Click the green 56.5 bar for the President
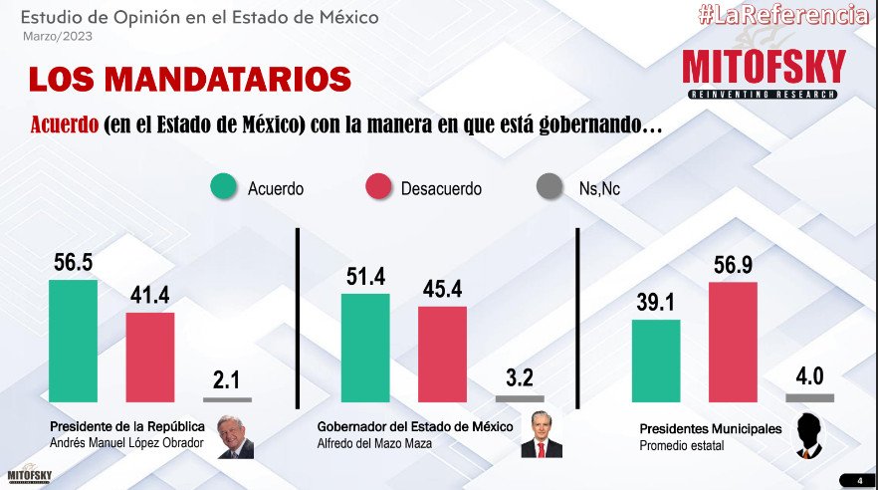[74, 340]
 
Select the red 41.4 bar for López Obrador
[149, 356]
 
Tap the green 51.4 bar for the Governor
[365, 350]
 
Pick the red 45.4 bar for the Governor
[442, 354]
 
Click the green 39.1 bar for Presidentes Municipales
[656, 360]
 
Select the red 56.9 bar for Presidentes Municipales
[733, 341]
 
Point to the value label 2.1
[227, 379]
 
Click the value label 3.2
[520, 378]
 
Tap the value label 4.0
[809, 377]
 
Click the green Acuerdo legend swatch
[225, 187]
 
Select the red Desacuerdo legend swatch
[379, 187]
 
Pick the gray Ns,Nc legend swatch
[549, 187]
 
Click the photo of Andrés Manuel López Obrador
[236, 436]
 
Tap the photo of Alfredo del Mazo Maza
[535, 435]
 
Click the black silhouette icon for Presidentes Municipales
[811, 436]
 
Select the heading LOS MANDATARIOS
[188, 80]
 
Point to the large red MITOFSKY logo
[764, 67]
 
